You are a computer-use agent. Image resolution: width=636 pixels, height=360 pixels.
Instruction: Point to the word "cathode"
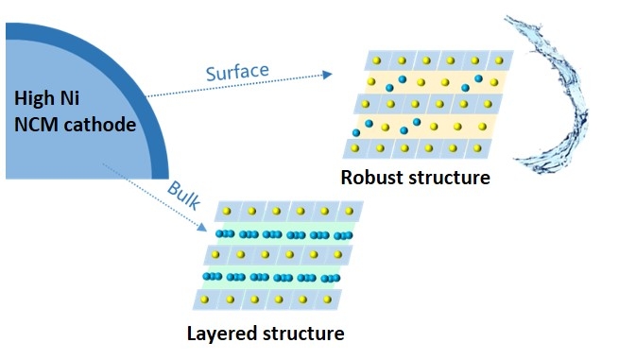100,124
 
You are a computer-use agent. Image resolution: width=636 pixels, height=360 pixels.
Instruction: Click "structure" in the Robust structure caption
447,177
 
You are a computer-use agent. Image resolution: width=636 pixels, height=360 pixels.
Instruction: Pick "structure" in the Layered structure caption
299,333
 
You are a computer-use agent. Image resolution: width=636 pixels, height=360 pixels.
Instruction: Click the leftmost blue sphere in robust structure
356,132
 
